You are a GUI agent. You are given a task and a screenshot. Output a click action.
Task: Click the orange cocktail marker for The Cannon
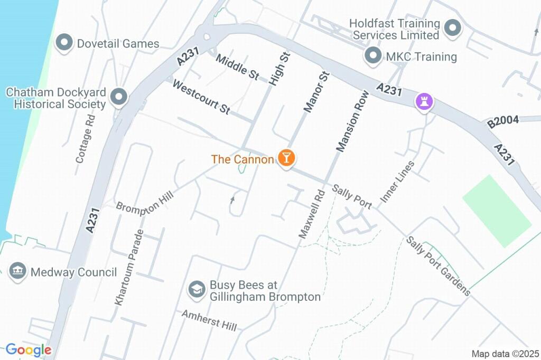click(x=286, y=157)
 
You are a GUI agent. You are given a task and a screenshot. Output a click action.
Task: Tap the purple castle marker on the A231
click(x=424, y=101)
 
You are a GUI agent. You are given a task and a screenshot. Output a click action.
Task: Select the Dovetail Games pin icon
click(x=64, y=43)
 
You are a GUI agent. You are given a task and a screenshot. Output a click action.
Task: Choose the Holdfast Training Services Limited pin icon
click(x=452, y=29)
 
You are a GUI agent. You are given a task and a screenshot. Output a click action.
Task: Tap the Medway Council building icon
click(x=18, y=272)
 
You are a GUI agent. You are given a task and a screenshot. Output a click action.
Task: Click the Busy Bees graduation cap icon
click(x=197, y=289)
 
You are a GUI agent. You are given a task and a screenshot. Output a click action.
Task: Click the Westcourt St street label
click(x=201, y=97)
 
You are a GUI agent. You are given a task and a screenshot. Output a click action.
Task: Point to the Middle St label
click(x=237, y=67)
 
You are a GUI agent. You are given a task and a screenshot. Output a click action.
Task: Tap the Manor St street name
click(x=316, y=92)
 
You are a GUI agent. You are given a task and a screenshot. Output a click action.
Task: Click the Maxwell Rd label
click(x=311, y=214)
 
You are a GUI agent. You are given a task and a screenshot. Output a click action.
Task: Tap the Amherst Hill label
click(x=209, y=320)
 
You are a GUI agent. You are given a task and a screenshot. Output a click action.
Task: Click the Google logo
click(x=29, y=349)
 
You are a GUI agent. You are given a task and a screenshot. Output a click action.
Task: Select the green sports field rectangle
click(x=497, y=211)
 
